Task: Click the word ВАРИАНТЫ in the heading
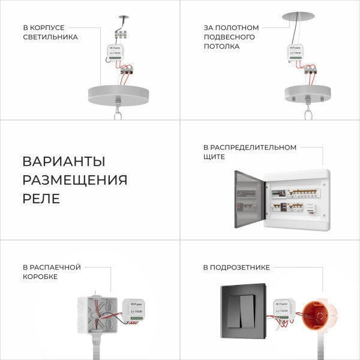click(x=64, y=161)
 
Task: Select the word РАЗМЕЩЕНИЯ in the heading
click(x=75, y=180)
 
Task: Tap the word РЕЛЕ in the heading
click(x=41, y=199)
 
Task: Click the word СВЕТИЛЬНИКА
click(x=50, y=37)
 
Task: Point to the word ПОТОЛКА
click(x=221, y=47)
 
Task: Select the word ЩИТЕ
click(x=214, y=157)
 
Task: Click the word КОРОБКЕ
click(x=40, y=277)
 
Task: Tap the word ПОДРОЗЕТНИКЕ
click(x=236, y=267)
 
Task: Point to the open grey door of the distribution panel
click(x=249, y=197)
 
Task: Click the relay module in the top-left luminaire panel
click(x=116, y=55)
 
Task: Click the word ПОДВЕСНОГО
click(x=229, y=37)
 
